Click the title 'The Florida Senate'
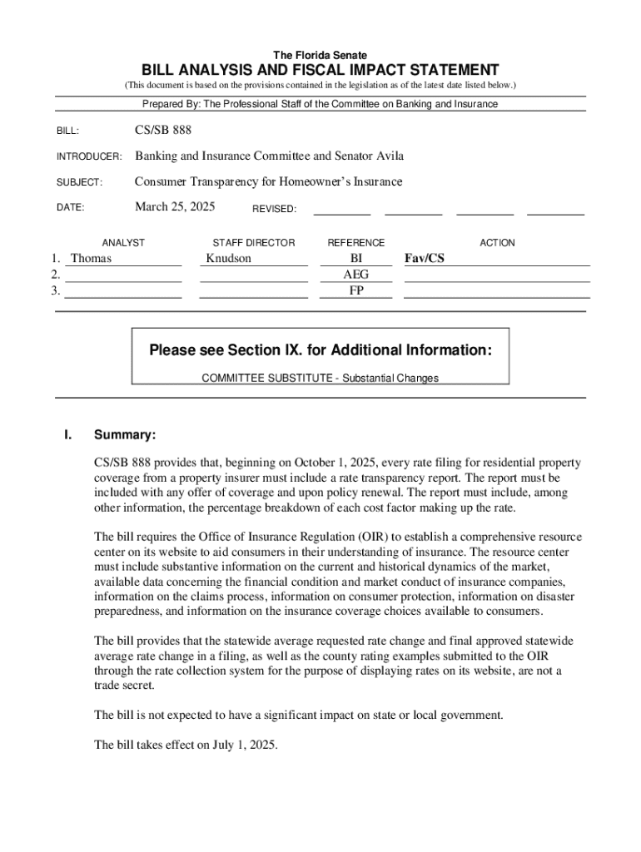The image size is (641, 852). (x=320, y=55)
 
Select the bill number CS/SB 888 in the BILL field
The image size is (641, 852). (x=168, y=131)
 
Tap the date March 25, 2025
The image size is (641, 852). (x=175, y=206)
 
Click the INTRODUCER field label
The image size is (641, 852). (x=89, y=157)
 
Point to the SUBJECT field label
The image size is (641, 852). (x=79, y=182)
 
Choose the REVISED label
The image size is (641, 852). (x=274, y=209)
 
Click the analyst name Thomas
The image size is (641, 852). (x=91, y=258)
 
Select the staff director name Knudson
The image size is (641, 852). (x=228, y=258)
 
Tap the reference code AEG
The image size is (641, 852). (x=356, y=274)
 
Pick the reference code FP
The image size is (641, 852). (x=356, y=290)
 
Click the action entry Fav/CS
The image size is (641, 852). (x=425, y=258)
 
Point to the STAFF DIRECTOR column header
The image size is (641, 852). (x=254, y=243)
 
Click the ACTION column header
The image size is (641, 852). (x=497, y=243)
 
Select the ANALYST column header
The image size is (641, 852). (x=123, y=243)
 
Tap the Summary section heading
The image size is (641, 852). (x=125, y=435)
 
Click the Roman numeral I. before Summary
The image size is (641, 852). (x=68, y=435)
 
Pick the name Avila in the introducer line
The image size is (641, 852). (x=387, y=156)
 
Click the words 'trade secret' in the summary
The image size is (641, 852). (x=124, y=686)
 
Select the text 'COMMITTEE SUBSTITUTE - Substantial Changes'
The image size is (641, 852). (x=320, y=378)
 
